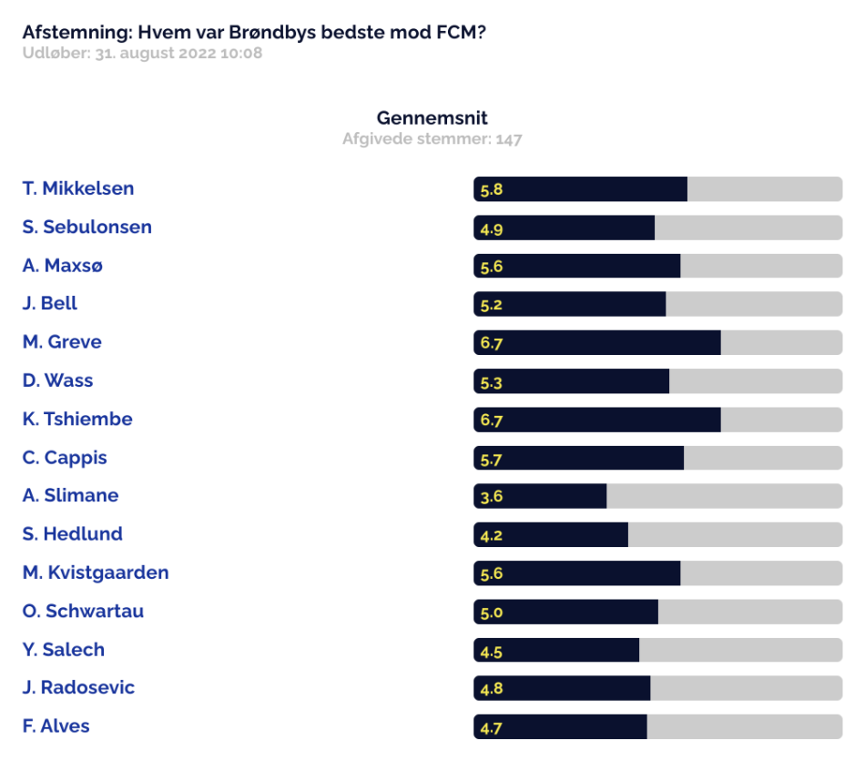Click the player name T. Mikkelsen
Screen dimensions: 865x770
click(77, 188)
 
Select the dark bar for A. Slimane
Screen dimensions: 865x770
click(540, 496)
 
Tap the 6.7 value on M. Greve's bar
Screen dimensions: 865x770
click(492, 343)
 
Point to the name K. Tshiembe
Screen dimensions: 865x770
click(77, 420)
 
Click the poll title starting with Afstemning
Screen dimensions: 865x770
click(254, 33)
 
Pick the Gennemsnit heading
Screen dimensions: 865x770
click(432, 118)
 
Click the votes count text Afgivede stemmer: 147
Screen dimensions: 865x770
click(432, 139)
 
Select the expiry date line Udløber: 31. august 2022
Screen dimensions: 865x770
click(142, 54)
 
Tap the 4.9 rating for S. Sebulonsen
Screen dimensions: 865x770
click(492, 229)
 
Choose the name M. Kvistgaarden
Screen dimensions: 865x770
click(96, 572)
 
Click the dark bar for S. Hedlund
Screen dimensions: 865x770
click(551, 534)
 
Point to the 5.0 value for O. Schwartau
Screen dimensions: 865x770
click(492, 613)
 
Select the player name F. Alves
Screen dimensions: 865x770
click(56, 726)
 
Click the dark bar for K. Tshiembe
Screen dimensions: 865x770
click(597, 420)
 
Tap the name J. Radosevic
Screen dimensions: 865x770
click(78, 687)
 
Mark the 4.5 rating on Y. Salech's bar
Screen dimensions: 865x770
click(492, 652)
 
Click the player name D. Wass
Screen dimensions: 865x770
click(57, 380)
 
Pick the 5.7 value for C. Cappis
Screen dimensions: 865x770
click(491, 460)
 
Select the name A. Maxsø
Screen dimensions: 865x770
click(62, 266)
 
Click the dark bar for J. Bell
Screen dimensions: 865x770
click(569, 304)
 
